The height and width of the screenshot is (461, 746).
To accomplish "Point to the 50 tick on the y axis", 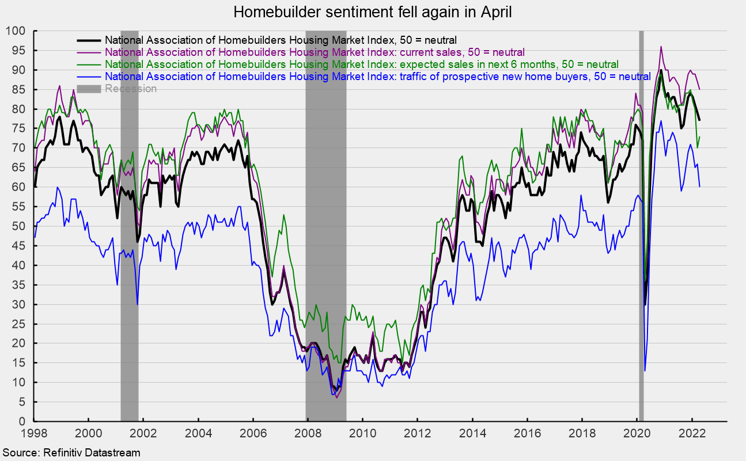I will point(22,226).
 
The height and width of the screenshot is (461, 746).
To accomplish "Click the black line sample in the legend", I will point(89,40).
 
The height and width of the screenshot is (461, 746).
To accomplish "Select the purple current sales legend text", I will point(315,52).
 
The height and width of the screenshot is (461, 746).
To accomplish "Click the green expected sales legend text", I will point(362,64).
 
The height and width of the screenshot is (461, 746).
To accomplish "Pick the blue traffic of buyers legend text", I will point(377,76).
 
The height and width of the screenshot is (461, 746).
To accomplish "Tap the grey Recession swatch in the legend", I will point(89,88).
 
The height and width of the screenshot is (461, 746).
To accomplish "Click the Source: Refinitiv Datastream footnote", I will point(70,453).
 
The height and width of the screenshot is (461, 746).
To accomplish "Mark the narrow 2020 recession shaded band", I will point(641,231).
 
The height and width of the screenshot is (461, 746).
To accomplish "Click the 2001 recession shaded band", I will point(130,231).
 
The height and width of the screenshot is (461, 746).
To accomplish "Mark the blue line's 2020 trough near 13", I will point(645,371).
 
